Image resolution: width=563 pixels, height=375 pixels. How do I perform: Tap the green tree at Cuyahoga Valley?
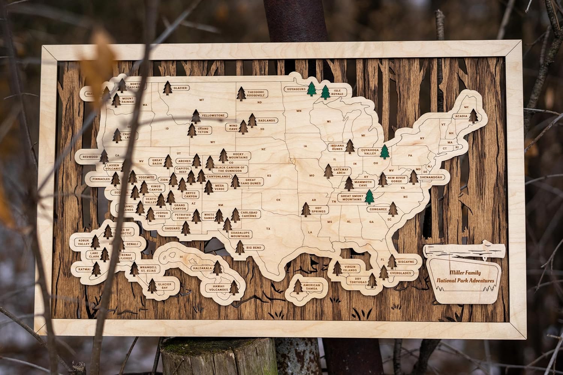(x=384, y=152)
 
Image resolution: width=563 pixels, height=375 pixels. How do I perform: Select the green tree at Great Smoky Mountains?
(x=370, y=196)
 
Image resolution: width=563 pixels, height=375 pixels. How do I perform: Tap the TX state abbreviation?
(x=268, y=228)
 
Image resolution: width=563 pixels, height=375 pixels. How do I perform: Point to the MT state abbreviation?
(x=201, y=100)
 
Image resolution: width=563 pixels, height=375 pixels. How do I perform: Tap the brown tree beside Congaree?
(x=393, y=209)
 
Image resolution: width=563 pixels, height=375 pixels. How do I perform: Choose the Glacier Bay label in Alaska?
(x=164, y=286)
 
